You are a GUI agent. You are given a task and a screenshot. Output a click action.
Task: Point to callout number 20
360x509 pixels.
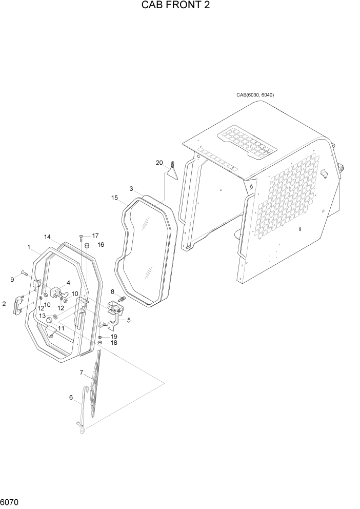(159, 163)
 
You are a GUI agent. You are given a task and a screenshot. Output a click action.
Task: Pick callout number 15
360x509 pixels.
(114, 198)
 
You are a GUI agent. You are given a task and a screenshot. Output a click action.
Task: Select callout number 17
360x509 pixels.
(95, 236)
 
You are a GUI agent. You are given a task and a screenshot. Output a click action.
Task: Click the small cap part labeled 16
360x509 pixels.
(87, 246)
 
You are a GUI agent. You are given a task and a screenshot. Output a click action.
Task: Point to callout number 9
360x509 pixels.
(12, 279)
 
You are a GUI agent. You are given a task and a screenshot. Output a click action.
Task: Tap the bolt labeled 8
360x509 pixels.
(122, 299)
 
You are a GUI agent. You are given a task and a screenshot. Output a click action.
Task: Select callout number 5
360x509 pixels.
(129, 320)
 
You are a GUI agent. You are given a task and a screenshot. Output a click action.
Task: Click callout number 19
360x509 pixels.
(114, 336)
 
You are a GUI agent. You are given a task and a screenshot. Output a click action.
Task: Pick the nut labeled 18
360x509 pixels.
(101, 343)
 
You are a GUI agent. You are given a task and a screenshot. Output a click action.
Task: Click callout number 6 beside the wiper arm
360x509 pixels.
(71, 397)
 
